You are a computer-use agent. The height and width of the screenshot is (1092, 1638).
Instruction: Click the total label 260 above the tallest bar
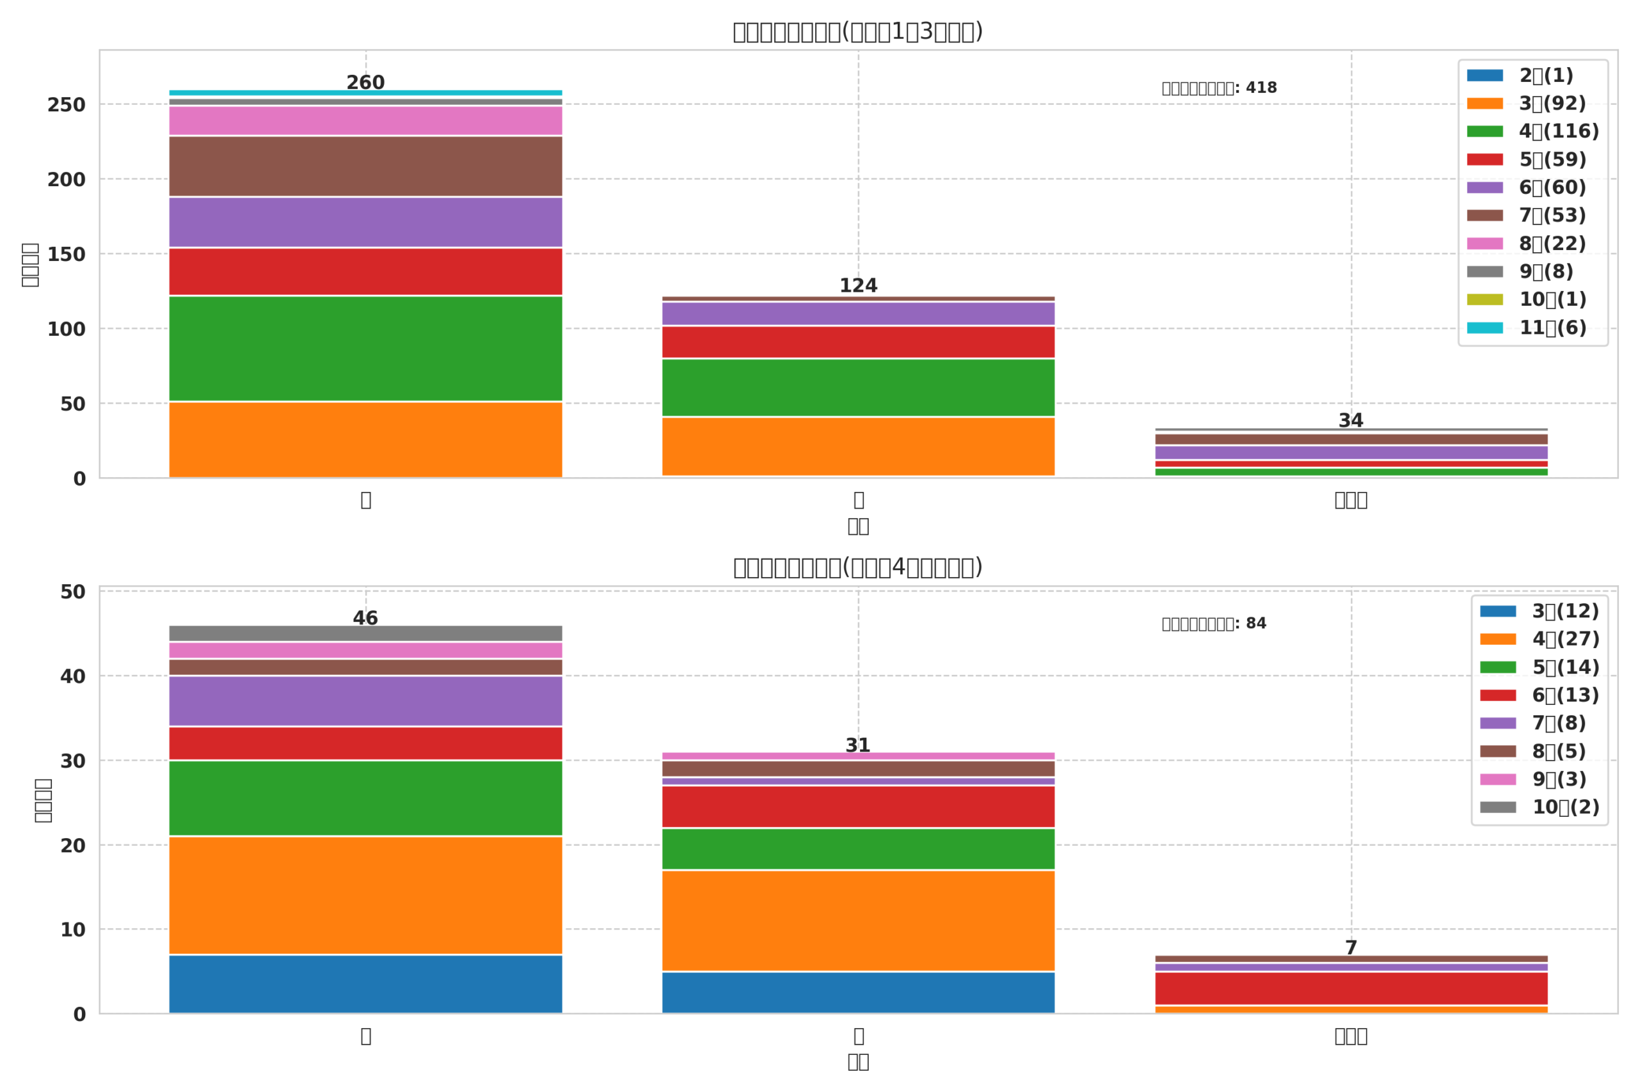365,83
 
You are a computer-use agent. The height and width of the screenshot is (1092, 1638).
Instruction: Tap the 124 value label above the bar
858,285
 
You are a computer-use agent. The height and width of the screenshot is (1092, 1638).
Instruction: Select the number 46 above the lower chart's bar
365,619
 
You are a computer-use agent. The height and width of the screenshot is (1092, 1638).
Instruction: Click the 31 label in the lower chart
857,745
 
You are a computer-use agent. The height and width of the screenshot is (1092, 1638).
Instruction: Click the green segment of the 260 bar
365,348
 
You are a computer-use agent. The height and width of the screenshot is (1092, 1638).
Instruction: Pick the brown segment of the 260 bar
365,166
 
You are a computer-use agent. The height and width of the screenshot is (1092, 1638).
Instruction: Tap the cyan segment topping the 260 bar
365,93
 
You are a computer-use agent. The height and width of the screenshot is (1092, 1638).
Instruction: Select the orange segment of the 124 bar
858,446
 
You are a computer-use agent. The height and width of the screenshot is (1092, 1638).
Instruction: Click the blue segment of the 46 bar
365,983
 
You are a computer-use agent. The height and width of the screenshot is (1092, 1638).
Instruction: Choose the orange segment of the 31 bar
858,920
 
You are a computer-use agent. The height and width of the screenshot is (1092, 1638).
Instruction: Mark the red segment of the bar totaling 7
1351,988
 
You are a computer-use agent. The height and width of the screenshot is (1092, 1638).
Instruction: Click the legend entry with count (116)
1532,132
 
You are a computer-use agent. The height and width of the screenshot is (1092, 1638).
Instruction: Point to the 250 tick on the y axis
66,105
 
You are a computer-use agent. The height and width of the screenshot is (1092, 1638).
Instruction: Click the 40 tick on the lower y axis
72,676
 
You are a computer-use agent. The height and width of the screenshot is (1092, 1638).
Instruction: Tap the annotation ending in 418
1219,88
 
